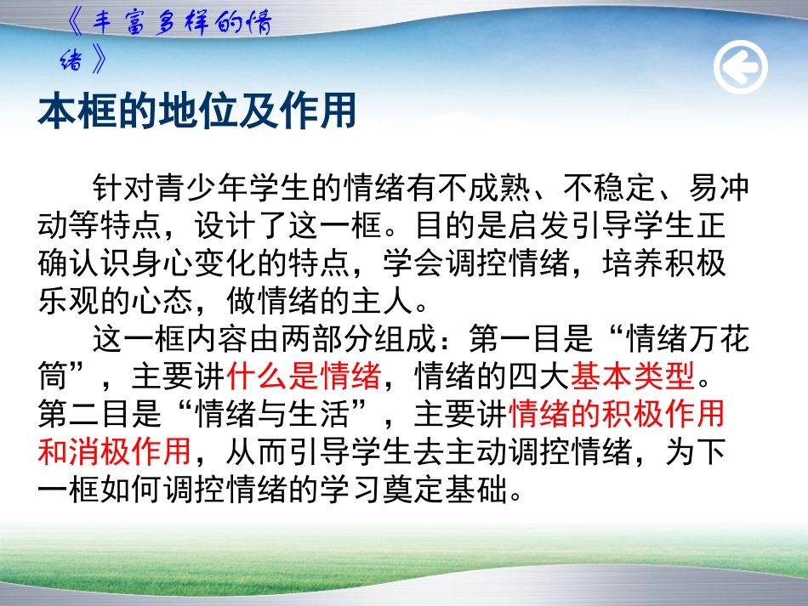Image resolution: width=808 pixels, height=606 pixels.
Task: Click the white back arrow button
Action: pyautogui.click(x=740, y=67)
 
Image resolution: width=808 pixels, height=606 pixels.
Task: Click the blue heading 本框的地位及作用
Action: pyautogui.click(x=196, y=111)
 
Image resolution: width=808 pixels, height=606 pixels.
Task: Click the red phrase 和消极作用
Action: pyautogui.click(x=115, y=451)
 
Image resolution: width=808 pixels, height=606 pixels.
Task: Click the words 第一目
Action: pyautogui.click(x=516, y=339)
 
